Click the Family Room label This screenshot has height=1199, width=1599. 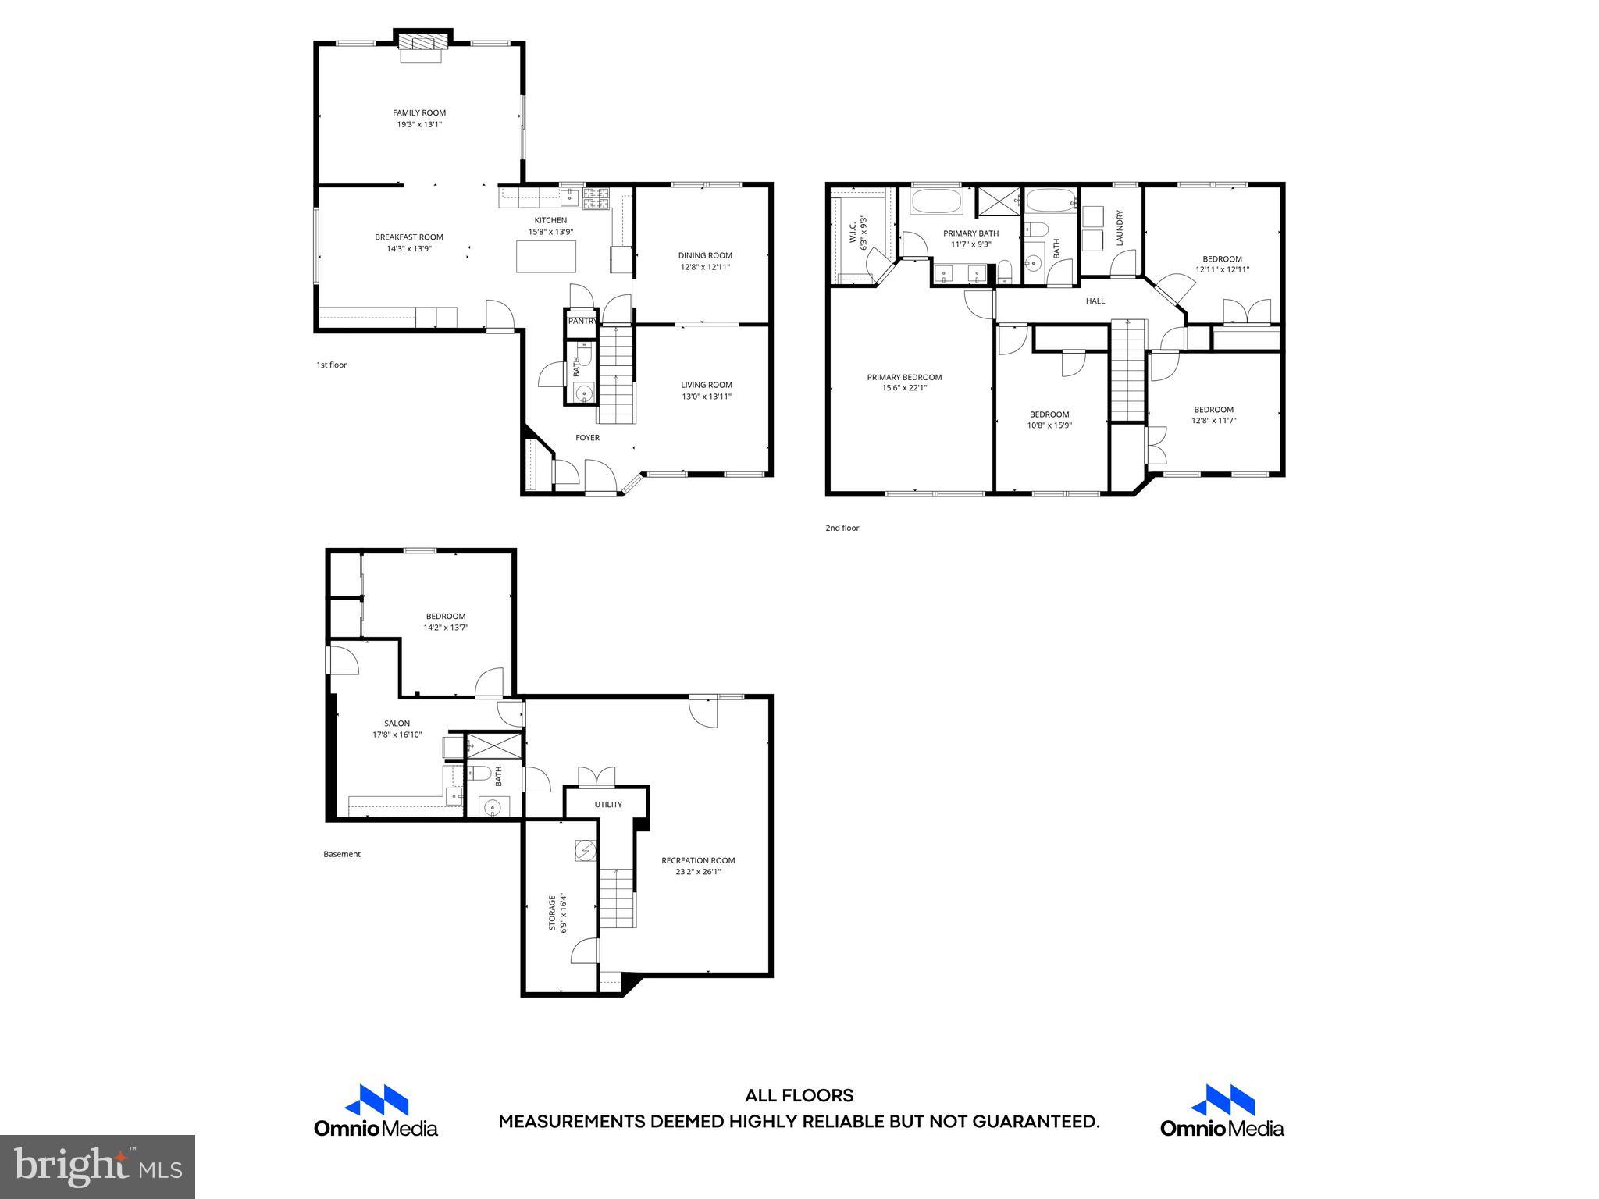click(419, 112)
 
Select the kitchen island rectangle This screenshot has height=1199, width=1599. click(546, 256)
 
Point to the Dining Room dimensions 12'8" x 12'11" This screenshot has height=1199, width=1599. click(704, 267)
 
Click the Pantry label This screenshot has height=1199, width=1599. click(582, 321)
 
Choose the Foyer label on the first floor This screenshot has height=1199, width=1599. click(587, 438)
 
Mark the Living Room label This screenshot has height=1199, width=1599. click(706, 385)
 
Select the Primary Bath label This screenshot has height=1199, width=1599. click(970, 233)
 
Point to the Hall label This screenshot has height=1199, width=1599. click(1095, 301)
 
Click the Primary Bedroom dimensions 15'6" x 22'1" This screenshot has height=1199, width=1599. click(904, 388)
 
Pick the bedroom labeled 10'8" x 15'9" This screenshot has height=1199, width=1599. click(1049, 420)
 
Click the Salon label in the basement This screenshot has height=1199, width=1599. click(397, 724)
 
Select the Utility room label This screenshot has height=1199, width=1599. click(608, 805)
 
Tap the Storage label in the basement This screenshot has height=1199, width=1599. click(552, 913)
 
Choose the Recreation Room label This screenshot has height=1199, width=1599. click(698, 860)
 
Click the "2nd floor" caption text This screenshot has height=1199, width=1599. click(842, 528)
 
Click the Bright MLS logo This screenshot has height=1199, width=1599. click(97, 1166)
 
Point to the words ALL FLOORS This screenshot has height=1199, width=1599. click(799, 1096)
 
